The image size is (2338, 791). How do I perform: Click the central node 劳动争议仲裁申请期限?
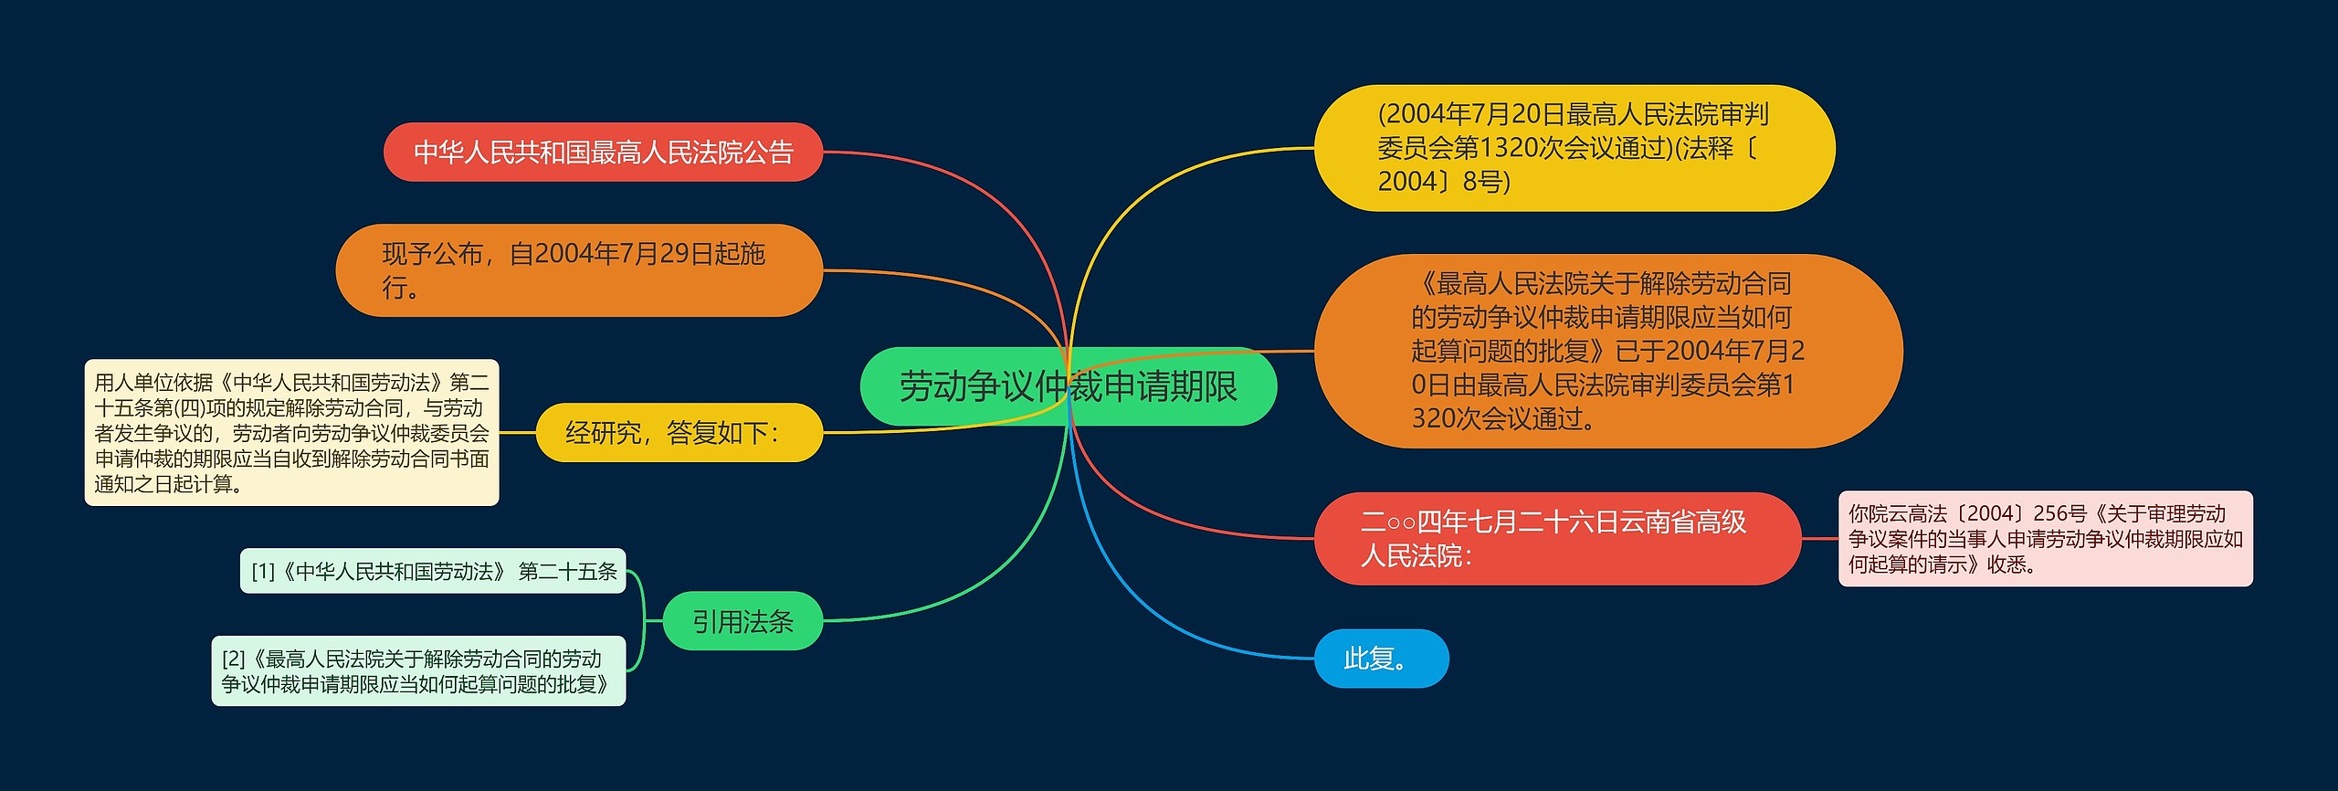(x=1068, y=386)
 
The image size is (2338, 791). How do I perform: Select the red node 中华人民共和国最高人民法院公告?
(x=603, y=152)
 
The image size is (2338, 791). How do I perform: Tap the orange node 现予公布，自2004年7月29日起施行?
(x=579, y=270)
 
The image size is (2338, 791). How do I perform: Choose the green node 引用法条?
(x=742, y=621)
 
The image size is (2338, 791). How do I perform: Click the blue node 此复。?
(x=1381, y=658)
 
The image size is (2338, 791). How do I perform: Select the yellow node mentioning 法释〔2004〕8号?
(x=1574, y=148)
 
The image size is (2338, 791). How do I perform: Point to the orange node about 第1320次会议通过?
(x=1607, y=351)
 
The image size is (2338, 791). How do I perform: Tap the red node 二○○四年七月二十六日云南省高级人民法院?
(x=1556, y=538)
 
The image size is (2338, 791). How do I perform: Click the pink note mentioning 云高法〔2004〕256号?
(x=2045, y=539)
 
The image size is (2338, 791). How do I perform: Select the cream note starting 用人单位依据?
(x=291, y=432)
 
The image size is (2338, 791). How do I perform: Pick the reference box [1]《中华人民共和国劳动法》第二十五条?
(x=433, y=571)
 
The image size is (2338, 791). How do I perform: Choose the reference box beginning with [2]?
(x=418, y=671)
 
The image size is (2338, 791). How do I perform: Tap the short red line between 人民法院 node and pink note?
(x=1819, y=538)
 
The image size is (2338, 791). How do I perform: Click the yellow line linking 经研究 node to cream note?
(x=517, y=432)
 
